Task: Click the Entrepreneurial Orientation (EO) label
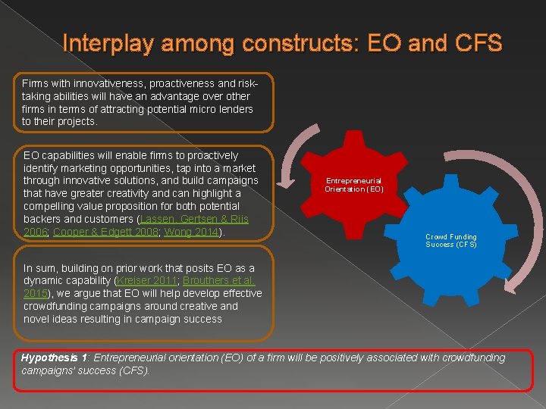point(354,185)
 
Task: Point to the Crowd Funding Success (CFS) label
point(451,241)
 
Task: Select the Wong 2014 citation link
point(191,232)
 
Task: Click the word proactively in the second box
point(209,155)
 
